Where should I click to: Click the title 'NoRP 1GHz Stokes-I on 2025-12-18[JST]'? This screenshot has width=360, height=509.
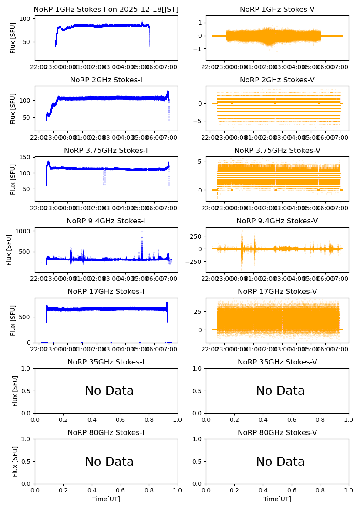106,9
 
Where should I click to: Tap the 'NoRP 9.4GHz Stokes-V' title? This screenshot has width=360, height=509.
277,221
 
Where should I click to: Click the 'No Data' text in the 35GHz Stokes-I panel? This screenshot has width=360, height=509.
109,391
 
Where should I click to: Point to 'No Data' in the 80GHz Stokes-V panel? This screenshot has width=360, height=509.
280,462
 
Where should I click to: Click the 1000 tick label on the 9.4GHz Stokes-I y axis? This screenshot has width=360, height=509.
23,231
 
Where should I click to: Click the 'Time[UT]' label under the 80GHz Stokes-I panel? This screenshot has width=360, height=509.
106,499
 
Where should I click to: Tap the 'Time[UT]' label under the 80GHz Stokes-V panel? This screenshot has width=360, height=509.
277,499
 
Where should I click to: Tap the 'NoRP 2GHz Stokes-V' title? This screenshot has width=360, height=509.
277,80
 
